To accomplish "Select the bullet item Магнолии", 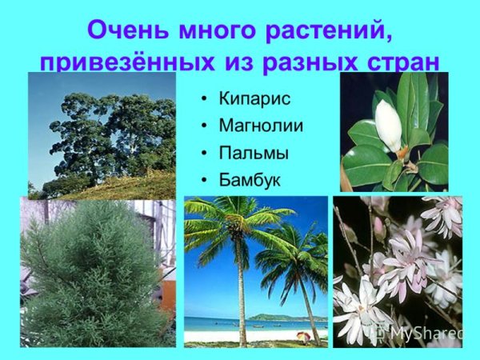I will (x=261, y=126).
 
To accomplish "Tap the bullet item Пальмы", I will (x=254, y=153).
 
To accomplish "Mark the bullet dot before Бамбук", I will (x=205, y=181).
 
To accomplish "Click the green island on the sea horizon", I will (x=272, y=317).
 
